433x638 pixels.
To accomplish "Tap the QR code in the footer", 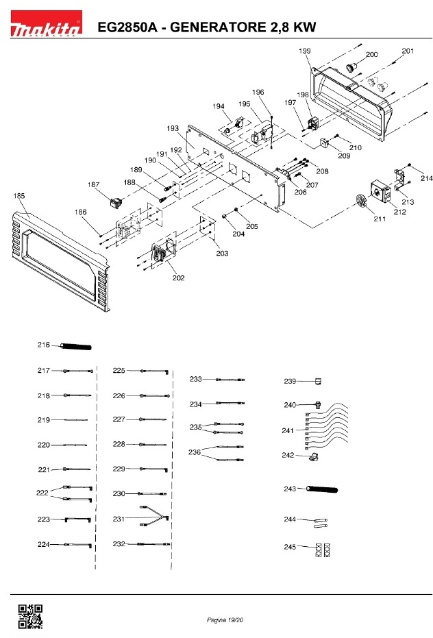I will coord(29,616).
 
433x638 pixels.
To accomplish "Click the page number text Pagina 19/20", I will coord(225,619).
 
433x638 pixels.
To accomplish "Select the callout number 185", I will coord(19,197).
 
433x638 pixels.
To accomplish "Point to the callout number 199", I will coord(305,51).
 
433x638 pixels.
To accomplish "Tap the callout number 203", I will coord(222,254).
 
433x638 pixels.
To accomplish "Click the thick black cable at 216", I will coord(77,345).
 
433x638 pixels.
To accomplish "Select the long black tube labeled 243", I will coord(323,489).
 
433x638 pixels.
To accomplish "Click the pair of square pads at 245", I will coord(323,549).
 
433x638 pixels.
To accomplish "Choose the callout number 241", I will coord(289,430).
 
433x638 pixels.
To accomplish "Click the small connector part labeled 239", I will coord(317,381).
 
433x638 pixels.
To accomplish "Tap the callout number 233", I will coord(196,379).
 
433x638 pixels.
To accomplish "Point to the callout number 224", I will coord(43,544).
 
